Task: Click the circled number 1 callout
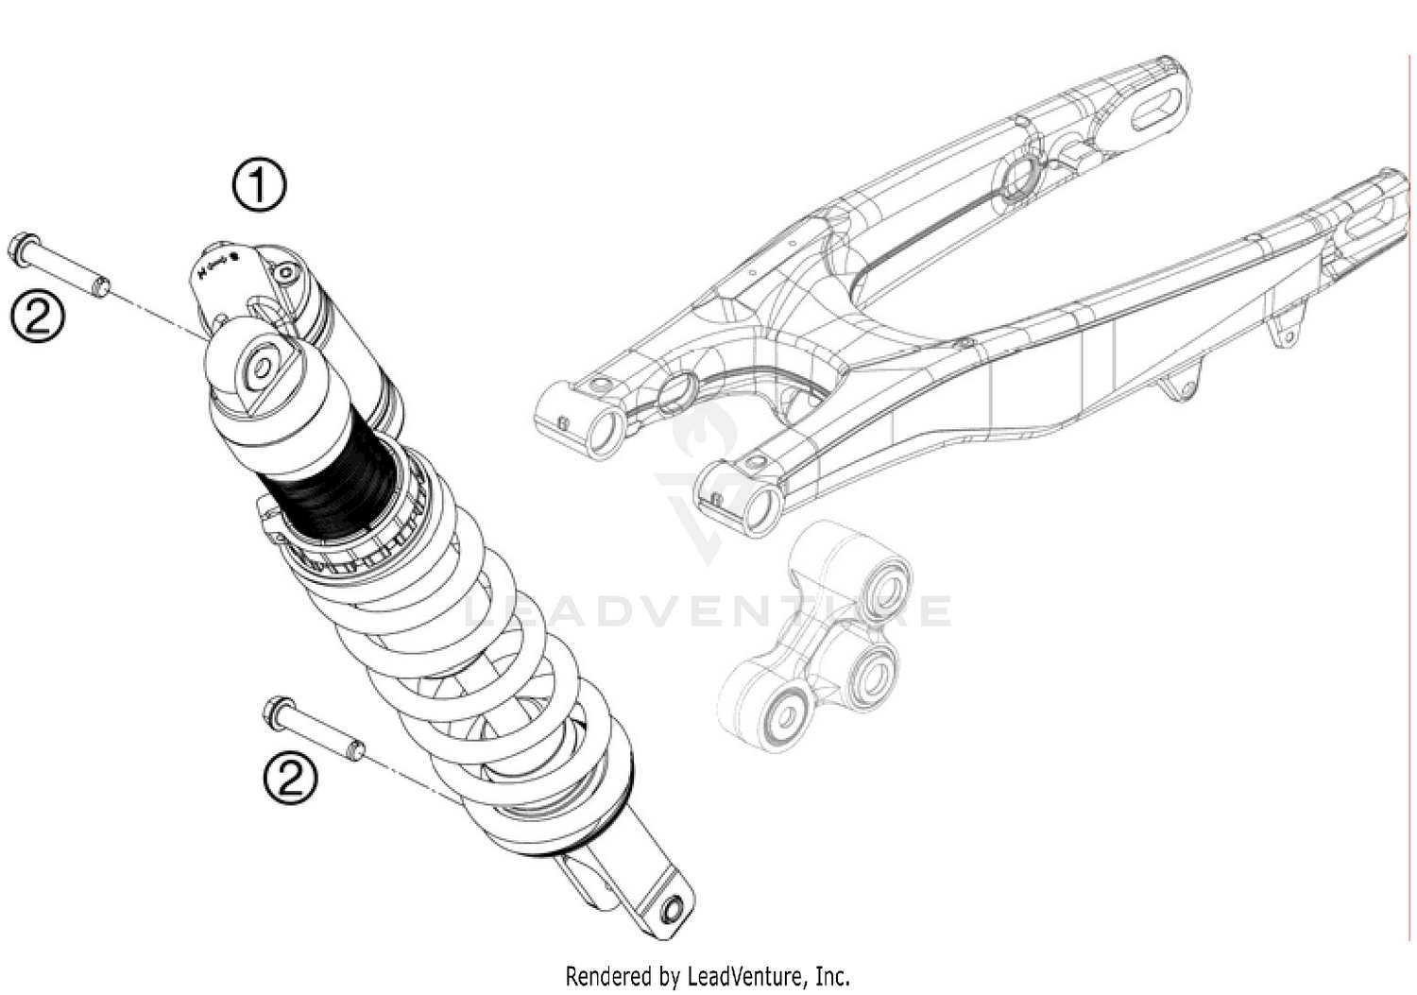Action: [259, 185]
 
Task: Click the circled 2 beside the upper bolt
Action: [37, 315]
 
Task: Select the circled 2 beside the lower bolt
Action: [290, 777]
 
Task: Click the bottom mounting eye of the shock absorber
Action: [672, 911]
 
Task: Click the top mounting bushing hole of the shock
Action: [262, 369]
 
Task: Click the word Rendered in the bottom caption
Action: [608, 974]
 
